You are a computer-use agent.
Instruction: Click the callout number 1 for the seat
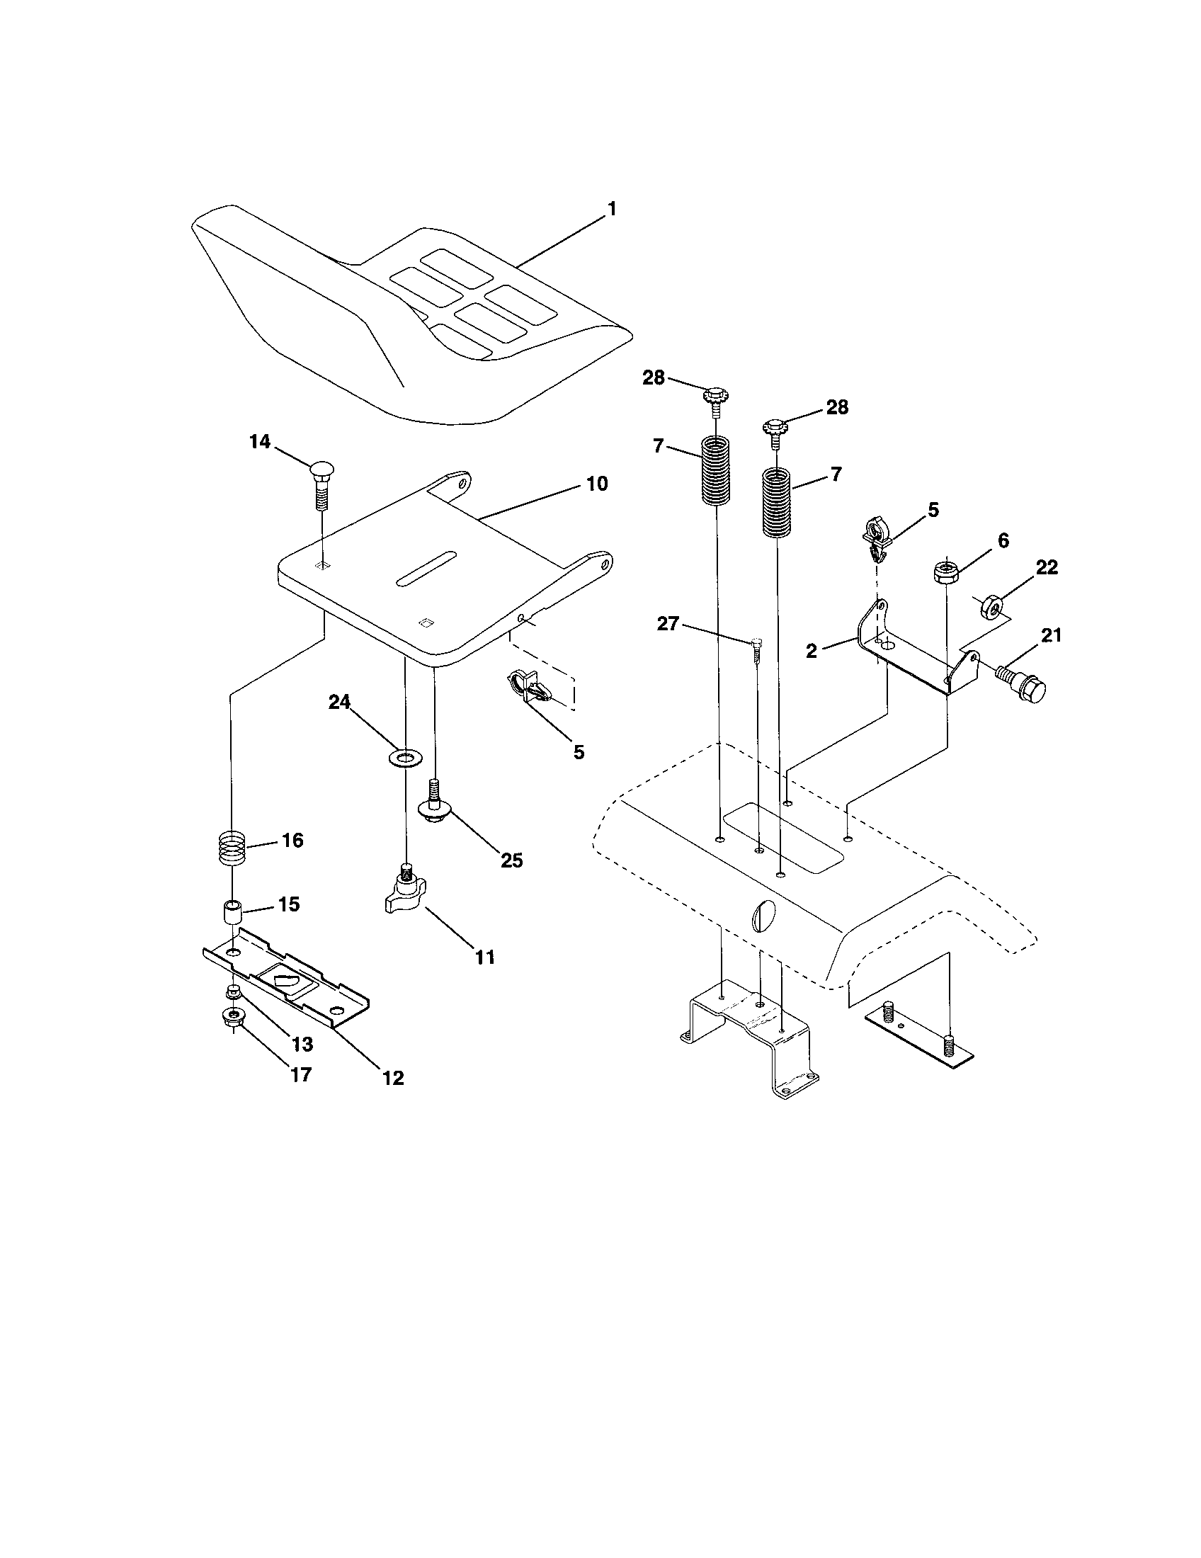pyautogui.click(x=611, y=209)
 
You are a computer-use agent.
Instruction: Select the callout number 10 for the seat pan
pyautogui.click(x=597, y=484)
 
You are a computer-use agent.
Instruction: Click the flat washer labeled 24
pyautogui.click(x=405, y=756)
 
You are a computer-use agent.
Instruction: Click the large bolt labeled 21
pyautogui.click(x=1025, y=686)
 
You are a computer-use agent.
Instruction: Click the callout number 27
pyautogui.click(x=668, y=624)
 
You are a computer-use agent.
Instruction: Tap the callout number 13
pyautogui.click(x=302, y=1045)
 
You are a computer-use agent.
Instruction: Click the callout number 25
pyautogui.click(x=511, y=860)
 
